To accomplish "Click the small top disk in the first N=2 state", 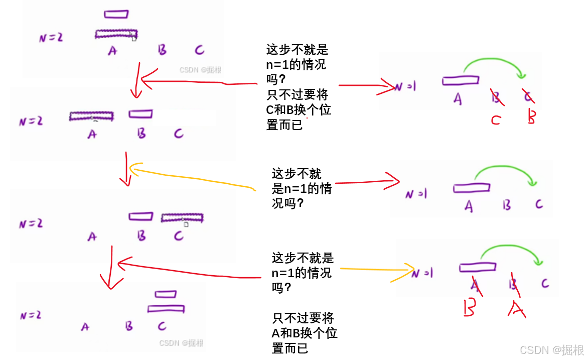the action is click(116, 14).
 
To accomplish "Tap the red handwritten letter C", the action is click(496, 120).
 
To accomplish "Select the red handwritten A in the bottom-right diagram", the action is click(517, 309).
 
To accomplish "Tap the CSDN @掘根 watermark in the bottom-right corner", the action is click(551, 349).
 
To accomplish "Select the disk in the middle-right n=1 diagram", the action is click(471, 188).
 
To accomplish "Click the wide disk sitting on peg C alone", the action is click(182, 217).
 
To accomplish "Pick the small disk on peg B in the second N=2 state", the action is click(140, 114).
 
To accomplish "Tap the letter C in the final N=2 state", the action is click(162, 326).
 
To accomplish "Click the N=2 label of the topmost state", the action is click(51, 37).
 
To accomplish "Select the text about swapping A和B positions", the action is click(305, 333).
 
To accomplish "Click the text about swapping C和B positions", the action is click(299, 109).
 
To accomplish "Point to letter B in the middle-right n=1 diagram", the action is click(507, 205).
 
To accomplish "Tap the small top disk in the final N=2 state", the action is click(166, 294).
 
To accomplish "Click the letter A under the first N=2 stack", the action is click(112, 50).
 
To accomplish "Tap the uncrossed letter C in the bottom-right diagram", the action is click(545, 284).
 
